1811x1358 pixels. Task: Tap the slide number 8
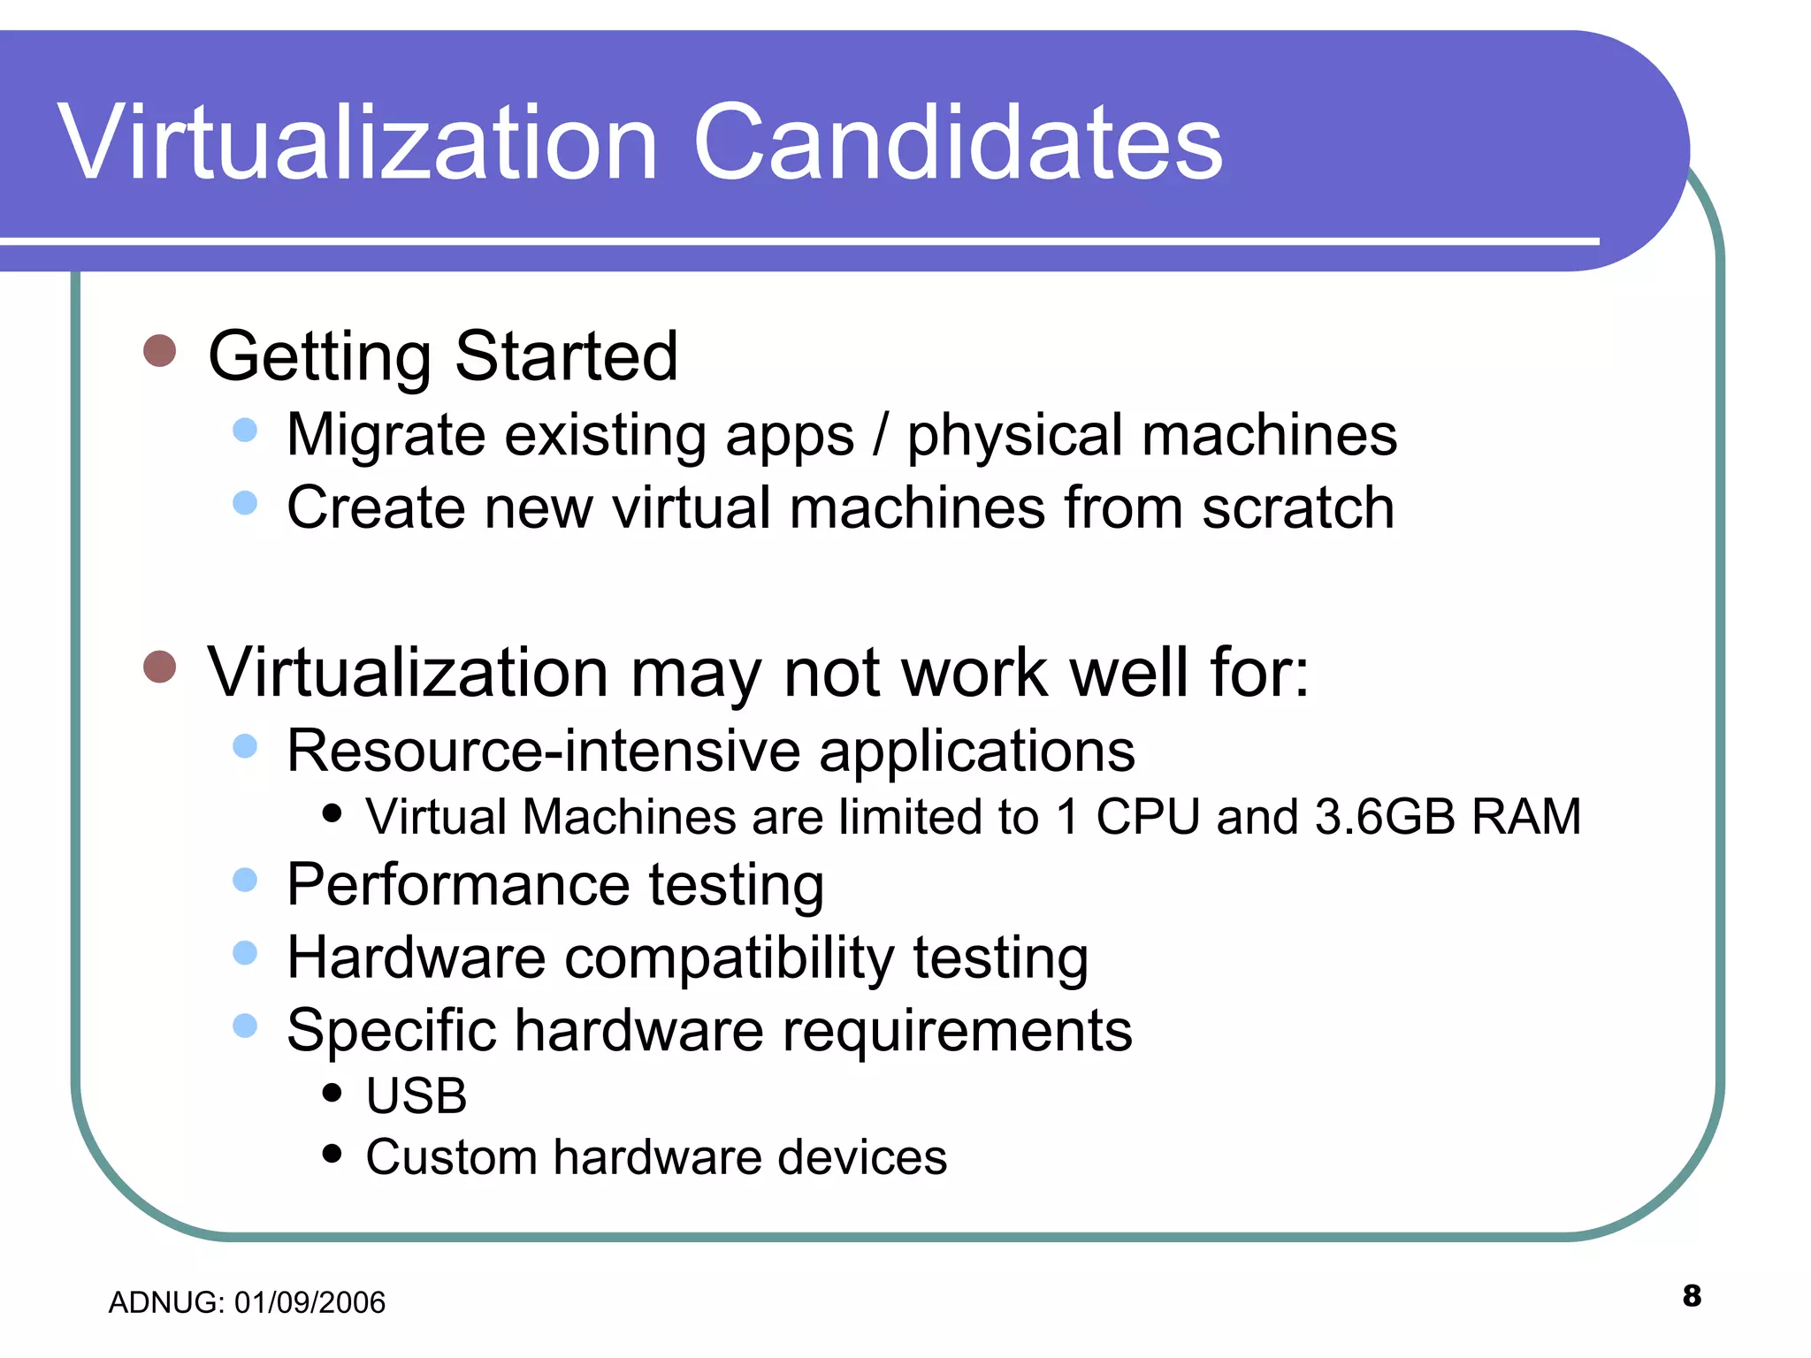point(1692,1295)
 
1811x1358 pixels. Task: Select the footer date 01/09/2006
point(309,1302)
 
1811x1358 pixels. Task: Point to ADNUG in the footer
point(164,1302)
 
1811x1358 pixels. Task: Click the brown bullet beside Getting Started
point(160,351)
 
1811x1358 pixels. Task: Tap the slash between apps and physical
point(880,435)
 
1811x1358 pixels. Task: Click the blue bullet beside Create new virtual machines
point(245,503)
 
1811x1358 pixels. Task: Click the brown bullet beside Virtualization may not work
point(160,667)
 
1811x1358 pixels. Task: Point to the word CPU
point(1147,816)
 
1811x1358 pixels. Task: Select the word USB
point(416,1096)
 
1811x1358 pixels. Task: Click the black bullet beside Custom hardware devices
point(332,1153)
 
